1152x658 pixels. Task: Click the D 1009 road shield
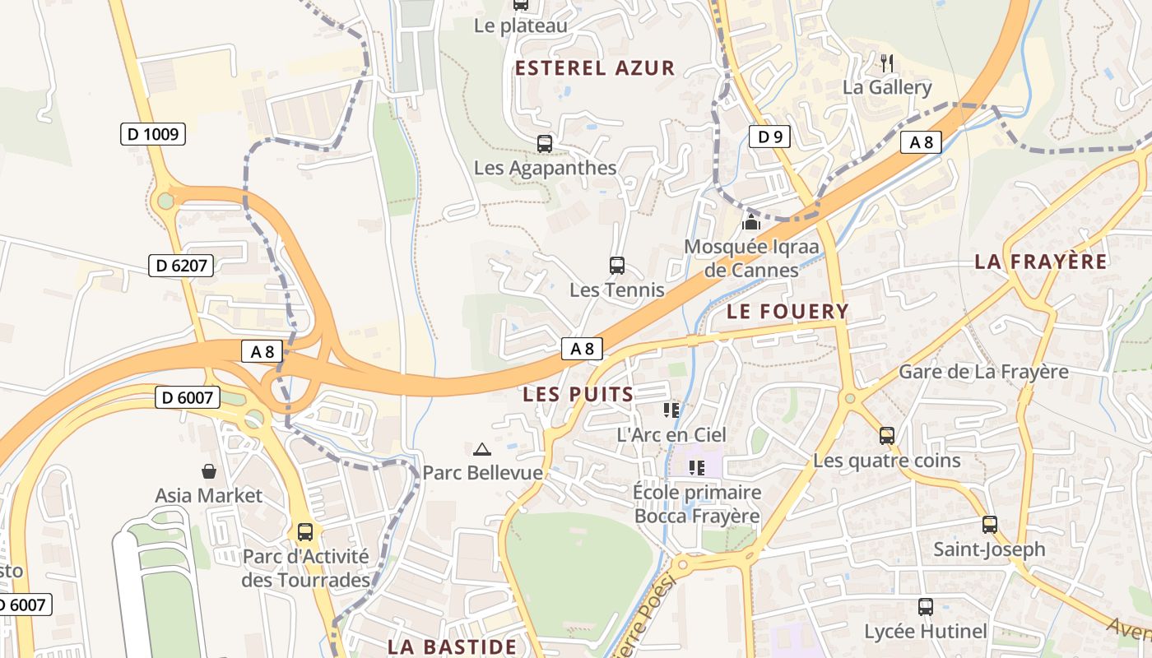pyautogui.click(x=153, y=133)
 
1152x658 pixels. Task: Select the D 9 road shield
pyautogui.click(x=769, y=137)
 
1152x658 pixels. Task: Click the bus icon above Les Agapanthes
pyautogui.click(x=545, y=144)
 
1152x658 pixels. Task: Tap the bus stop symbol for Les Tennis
pyautogui.click(x=617, y=266)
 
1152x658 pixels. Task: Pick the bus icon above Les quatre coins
pyautogui.click(x=887, y=436)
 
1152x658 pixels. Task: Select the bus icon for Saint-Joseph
pyautogui.click(x=990, y=525)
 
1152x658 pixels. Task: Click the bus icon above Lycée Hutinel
pyautogui.click(x=926, y=607)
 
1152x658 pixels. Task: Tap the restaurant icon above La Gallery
pyautogui.click(x=887, y=63)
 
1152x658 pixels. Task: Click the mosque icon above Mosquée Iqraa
pyautogui.click(x=750, y=222)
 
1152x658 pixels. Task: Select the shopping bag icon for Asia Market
pyautogui.click(x=209, y=471)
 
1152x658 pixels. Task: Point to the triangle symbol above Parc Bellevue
pyautogui.click(x=482, y=449)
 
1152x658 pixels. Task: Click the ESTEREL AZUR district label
pyautogui.click(x=595, y=68)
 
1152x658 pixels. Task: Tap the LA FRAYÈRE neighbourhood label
pyautogui.click(x=1041, y=262)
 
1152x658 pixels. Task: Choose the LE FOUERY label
pyautogui.click(x=787, y=311)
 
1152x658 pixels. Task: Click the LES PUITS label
pyautogui.click(x=578, y=394)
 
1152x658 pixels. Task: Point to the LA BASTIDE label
pyautogui.click(x=452, y=646)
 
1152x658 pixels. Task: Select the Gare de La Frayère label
pyautogui.click(x=983, y=371)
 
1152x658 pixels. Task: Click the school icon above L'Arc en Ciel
pyautogui.click(x=671, y=410)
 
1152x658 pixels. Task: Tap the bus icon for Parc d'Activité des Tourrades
pyautogui.click(x=305, y=532)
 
